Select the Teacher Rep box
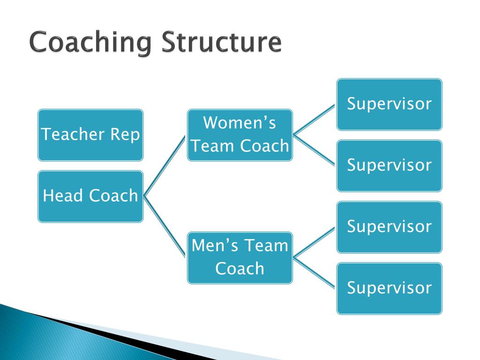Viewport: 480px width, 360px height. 90,135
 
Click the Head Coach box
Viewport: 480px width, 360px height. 90,196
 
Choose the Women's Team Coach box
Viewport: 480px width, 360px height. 240,135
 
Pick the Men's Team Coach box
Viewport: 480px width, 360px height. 240,257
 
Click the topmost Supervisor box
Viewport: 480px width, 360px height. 389,104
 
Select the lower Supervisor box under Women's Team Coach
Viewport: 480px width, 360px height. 389,165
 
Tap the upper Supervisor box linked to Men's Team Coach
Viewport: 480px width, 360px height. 389,227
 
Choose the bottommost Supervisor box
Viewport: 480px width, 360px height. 389,288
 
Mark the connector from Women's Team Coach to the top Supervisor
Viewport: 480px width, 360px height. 314,120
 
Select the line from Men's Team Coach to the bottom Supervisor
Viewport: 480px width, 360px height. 314,272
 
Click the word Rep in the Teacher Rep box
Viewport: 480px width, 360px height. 125,135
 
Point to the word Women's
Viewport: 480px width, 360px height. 240,123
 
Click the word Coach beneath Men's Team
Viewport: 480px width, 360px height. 240,269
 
